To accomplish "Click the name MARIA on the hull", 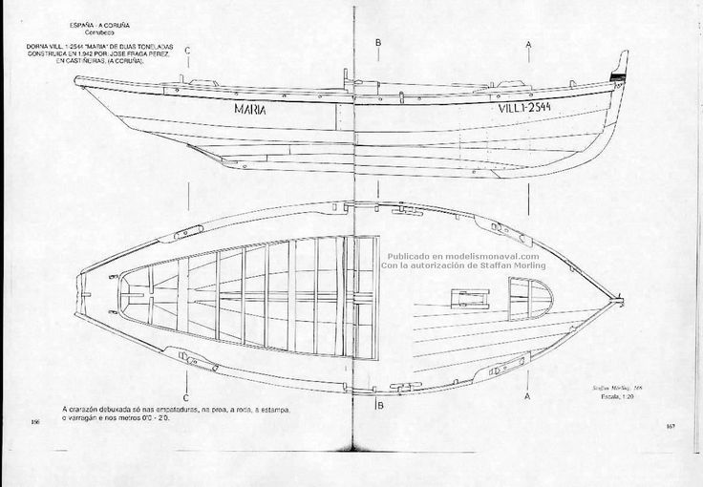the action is [250, 109].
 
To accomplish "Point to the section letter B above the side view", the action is [379, 43].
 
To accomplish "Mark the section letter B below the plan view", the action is [380, 406].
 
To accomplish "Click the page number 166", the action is [35, 421].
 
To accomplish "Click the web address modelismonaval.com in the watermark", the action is [492, 256].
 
